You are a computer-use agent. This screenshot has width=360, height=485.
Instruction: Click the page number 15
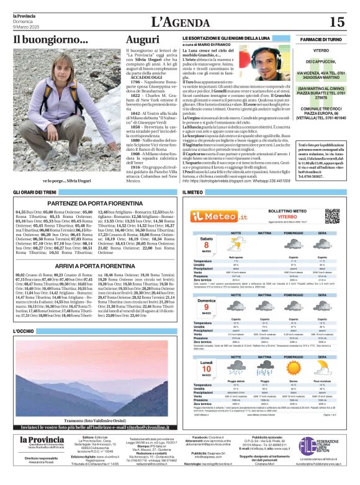pyautogui.click(x=336, y=22)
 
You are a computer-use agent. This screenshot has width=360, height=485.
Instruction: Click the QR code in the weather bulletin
pyautogui.click(x=332, y=215)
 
